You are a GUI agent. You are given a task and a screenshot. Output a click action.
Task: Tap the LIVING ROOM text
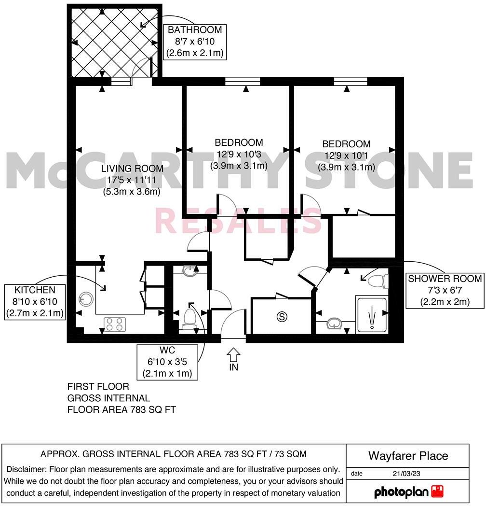[132, 169]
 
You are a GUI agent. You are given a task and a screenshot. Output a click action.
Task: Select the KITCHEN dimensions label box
[34, 302]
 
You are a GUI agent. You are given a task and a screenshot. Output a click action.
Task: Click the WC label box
[167, 362]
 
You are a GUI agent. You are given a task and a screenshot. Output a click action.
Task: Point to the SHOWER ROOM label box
[445, 291]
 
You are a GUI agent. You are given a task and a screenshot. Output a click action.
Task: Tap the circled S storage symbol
[281, 317]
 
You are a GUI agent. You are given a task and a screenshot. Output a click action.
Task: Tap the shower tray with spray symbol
[372, 315]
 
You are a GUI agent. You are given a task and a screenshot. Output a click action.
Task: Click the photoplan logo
[408, 492]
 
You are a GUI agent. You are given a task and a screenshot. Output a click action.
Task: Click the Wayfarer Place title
[408, 456]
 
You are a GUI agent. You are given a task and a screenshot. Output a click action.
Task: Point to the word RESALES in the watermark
[238, 221]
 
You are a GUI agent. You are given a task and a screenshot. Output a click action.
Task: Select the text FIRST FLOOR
[98, 387]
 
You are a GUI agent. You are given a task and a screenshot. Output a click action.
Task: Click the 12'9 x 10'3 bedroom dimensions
[239, 154]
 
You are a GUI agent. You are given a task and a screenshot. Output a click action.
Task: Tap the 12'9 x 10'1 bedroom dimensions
[346, 155]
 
